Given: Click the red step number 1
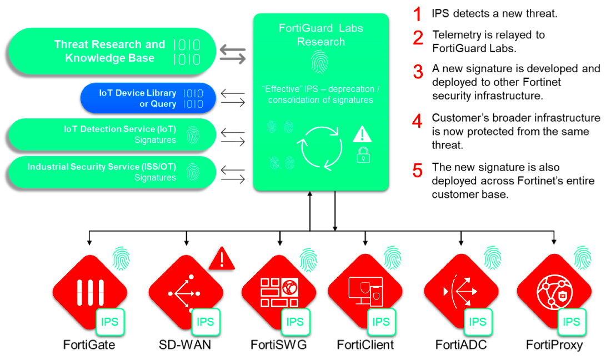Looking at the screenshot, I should (x=418, y=14).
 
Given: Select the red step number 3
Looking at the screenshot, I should (x=418, y=72).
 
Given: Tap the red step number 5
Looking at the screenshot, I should (x=418, y=170).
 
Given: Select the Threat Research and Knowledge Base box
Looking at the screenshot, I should (x=111, y=52).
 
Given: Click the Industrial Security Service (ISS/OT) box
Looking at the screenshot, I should (x=111, y=172).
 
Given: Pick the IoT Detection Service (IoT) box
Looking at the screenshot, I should (x=111, y=134).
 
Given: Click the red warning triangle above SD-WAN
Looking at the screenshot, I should (x=222, y=259).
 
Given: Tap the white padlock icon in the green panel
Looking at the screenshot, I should (x=363, y=154).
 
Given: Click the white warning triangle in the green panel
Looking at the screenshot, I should (x=362, y=134).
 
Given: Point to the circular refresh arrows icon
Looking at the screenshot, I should (x=320, y=147).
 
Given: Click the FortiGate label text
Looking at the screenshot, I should (x=89, y=345).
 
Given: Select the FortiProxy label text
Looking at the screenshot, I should (x=554, y=345).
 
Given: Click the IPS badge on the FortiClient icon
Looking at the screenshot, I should (x=381, y=322).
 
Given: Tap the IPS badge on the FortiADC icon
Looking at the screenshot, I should (x=477, y=322).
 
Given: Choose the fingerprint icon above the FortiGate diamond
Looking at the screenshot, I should (x=121, y=259).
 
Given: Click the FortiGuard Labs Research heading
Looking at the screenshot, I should (x=320, y=34).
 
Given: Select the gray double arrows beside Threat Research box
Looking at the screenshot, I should (x=233, y=53).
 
